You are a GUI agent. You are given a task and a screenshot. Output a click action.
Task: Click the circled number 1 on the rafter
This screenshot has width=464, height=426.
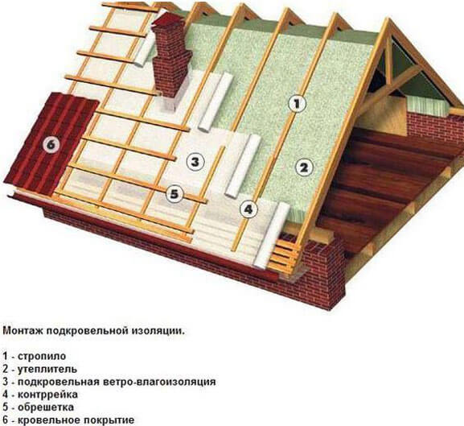coord(297,104)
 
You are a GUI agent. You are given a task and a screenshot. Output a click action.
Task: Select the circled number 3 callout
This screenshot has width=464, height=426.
coord(195,162)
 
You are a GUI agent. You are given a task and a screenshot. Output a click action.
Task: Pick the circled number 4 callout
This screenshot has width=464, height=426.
coord(248,209)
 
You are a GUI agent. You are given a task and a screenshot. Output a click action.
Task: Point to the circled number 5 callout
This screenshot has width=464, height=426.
coord(175,194)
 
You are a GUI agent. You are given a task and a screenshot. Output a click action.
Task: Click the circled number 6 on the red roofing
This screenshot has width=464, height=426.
coord(51,145)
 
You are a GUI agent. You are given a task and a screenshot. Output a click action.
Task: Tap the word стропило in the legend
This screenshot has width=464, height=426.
coord(42,356)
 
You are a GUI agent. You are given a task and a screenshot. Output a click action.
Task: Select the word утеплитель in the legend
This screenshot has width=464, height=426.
coord(47,369)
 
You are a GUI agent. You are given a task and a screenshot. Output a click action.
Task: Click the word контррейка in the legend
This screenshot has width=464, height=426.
coord(47,395)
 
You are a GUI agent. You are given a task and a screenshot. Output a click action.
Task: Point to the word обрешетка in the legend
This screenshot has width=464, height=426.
coord(46,407)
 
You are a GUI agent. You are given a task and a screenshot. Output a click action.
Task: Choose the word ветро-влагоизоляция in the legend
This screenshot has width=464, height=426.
coord(160,382)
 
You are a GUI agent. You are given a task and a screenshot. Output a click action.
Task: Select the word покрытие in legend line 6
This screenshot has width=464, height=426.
coord(109,420)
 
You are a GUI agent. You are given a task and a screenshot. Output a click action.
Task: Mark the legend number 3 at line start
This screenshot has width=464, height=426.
coord(6,382)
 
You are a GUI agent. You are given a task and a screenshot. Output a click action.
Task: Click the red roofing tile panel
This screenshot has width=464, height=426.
coord(51,144)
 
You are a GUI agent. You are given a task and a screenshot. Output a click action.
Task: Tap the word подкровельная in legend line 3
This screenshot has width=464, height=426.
coord(59,382)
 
